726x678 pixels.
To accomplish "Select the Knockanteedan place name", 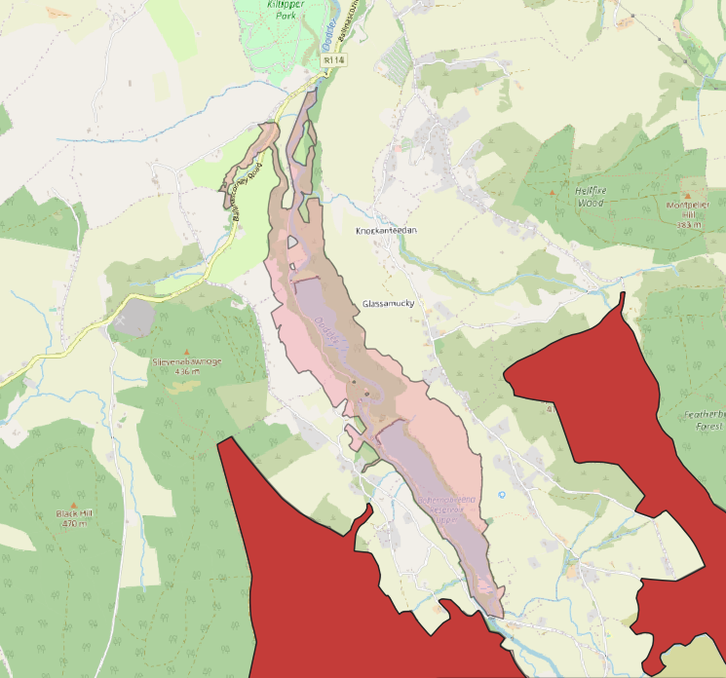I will (387, 230).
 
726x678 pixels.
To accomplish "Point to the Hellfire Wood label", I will (590, 198).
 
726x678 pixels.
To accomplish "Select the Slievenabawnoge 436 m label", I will (187, 365).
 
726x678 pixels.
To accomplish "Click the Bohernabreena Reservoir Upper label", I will (446, 508).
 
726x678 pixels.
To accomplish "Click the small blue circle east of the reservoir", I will (502, 495).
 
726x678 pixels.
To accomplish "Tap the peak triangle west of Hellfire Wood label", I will (552, 193).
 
